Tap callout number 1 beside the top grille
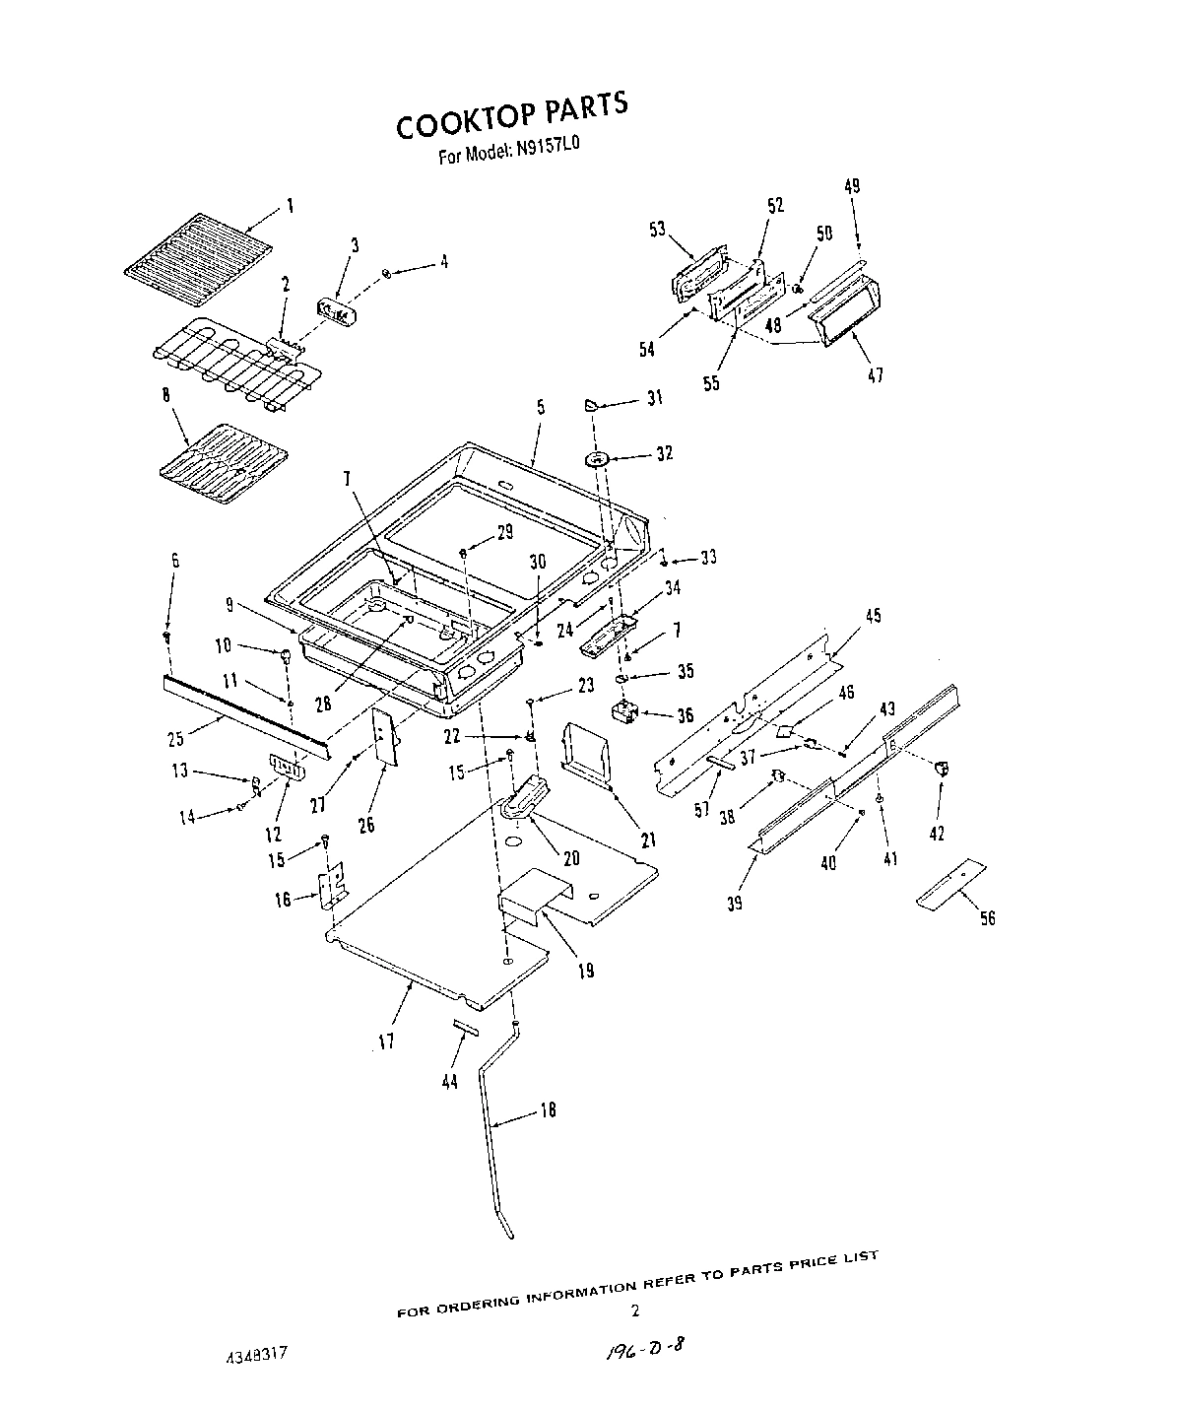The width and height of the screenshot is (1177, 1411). pos(290,206)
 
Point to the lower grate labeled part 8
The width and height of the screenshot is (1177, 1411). pos(225,464)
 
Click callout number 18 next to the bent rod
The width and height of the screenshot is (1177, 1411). pos(549,1110)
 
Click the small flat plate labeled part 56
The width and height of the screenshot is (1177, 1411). pos(951,883)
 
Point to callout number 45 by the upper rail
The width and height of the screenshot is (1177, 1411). pos(873,616)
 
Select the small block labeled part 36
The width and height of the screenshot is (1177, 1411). pos(623,712)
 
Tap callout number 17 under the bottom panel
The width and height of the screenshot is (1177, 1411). pos(386,1041)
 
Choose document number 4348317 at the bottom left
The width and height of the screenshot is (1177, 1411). pos(254,1356)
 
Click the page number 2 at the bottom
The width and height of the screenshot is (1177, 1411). pos(635,1310)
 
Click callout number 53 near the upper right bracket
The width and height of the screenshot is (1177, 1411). pos(657,230)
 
